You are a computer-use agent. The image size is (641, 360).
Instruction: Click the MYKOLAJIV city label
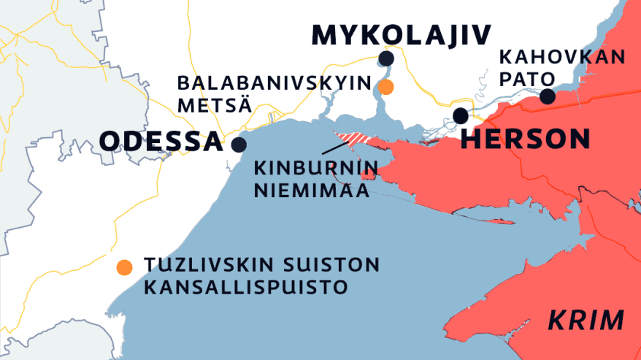[401, 34]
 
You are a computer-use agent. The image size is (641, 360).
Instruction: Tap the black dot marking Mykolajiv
[386, 58]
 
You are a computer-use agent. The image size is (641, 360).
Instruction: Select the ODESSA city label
[161, 141]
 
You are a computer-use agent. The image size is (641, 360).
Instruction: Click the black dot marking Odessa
[238, 144]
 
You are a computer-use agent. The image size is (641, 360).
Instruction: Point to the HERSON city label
[526, 139]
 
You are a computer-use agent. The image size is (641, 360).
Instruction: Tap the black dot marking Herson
[461, 115]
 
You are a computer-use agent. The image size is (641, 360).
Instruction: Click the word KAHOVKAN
[563, 57]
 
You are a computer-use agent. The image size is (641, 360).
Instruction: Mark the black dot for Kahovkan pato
[547, 96]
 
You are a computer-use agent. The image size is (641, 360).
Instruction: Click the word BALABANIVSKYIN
[274, 83]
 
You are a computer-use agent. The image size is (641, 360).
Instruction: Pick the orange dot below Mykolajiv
[386, 88]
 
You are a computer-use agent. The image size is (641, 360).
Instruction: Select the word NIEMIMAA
[311, 191]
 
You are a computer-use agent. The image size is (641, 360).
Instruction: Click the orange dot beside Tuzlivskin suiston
[125, 267]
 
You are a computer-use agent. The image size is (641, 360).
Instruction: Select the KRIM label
[586, 320]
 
